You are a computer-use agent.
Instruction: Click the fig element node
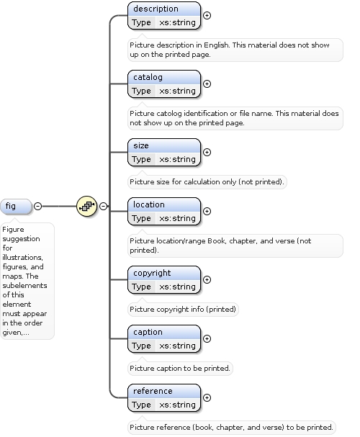click(x=16, y=206)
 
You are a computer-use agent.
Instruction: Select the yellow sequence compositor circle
click(x=86, y=206)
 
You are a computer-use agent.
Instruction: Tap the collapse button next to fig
click(x=37, y=206)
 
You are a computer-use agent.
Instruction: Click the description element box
click(x=164, y=16)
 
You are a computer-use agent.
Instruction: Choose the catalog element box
click(x=164, y=84)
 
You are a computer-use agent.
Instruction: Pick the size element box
click(x=164, y=152)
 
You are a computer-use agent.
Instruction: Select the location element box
click(x=164, y=211)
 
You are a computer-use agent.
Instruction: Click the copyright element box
click(x=164, y=279)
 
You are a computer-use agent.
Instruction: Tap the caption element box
click(x=164, y=338)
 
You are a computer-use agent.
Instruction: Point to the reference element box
click(x=164, y=397)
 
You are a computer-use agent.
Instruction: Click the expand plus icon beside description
click(x=207, y=16)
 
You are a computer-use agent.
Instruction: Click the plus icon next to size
click(x=207, y=152)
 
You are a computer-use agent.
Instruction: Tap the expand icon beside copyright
click(x=207, y=279)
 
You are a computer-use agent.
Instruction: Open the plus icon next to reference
click(x=207, y=397)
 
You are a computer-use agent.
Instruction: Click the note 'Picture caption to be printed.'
click(x=180, y=369)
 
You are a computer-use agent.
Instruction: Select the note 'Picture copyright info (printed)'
click(x=183, y=310)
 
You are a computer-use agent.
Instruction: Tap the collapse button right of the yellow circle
click(x=104, y=206)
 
